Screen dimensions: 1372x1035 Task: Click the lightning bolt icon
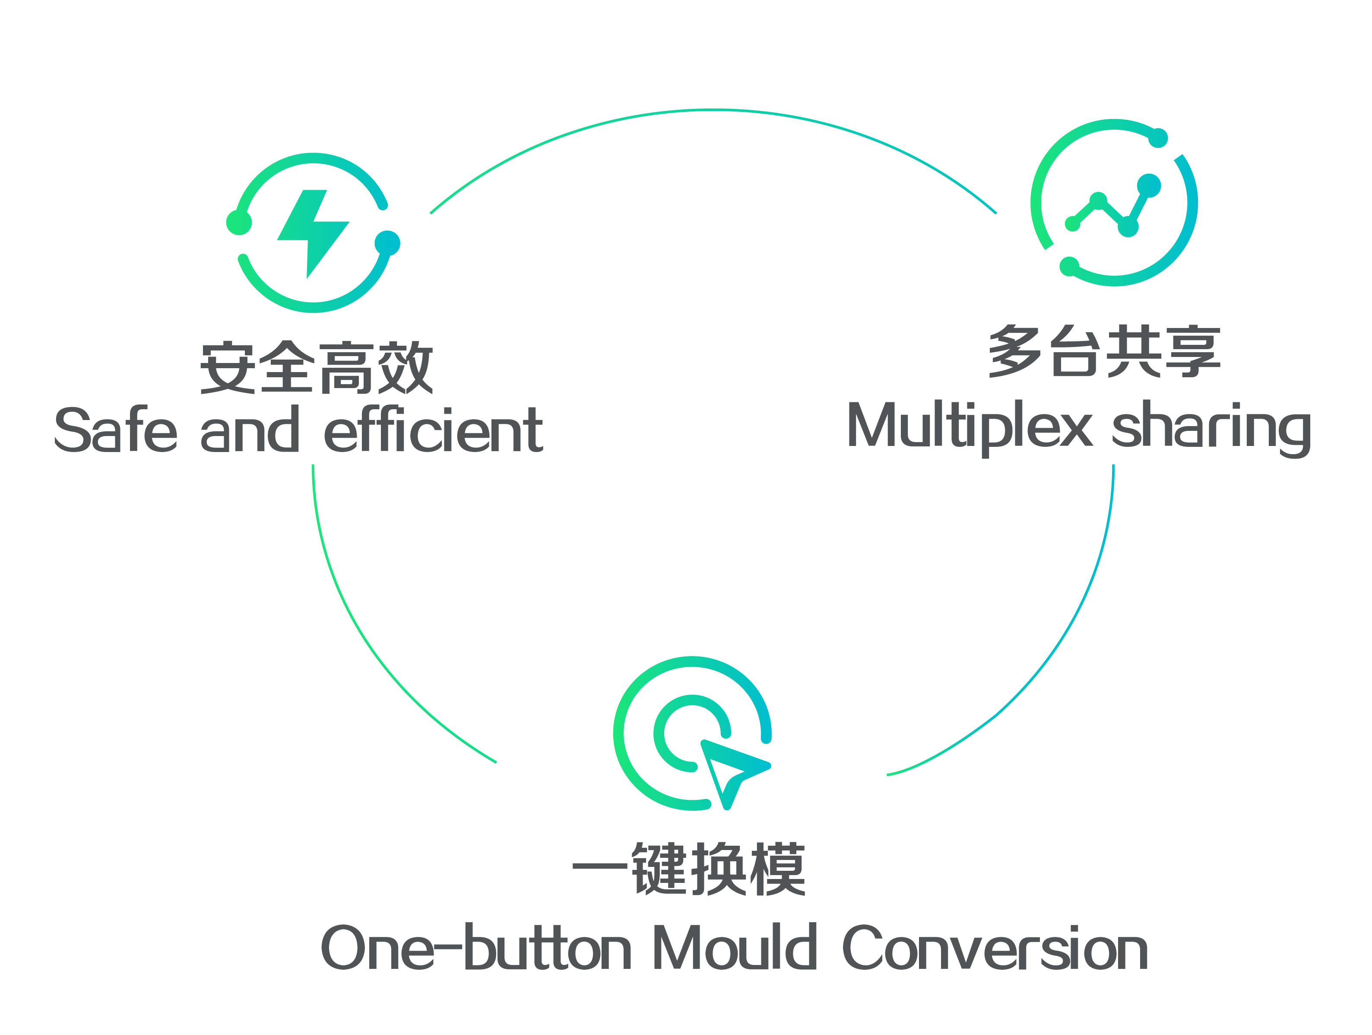(x=313, y=233)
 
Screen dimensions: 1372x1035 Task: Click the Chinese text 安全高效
(x=316, y=367)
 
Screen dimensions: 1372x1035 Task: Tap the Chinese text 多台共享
(x=1105, y=350)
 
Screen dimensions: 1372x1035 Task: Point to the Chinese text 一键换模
(x=688, y=869)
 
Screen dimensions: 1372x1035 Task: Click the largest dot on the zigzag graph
(x=1149, y=185)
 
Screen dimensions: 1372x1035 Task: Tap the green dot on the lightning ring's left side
(x=239, y=223)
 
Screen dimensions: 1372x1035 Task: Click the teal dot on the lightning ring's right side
(x=388, y=243)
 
